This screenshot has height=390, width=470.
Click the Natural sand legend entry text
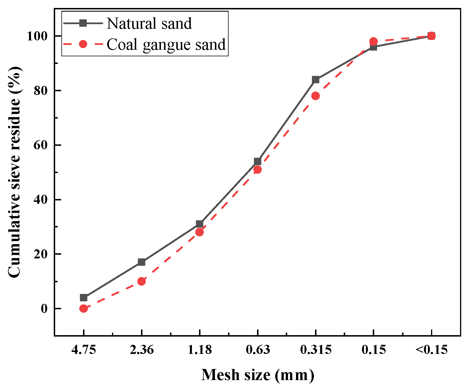point(149,23)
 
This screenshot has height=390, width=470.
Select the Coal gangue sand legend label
point(166,44)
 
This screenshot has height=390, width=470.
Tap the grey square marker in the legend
point(83,23)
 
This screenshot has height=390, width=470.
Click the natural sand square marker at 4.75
point(84,298)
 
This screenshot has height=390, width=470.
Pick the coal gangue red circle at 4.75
point(84,308)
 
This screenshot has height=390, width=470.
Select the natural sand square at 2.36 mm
point(142,262)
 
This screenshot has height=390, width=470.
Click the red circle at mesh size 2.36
point(142,281)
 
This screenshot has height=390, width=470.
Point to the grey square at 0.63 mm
point(258,161)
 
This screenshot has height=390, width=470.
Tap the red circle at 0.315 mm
point(316,96)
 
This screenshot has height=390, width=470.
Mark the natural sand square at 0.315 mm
point(316,80)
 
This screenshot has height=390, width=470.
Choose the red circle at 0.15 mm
point(374,41)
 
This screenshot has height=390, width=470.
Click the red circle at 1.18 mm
point(200,232)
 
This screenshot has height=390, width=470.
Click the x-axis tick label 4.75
point(84,350)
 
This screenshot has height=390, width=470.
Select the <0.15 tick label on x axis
point(431,350)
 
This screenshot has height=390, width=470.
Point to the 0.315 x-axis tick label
point(316,350)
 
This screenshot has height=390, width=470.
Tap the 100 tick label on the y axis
point(37,36)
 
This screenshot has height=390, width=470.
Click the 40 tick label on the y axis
point(40,200)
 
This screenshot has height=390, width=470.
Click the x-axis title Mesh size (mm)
point(258,375)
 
